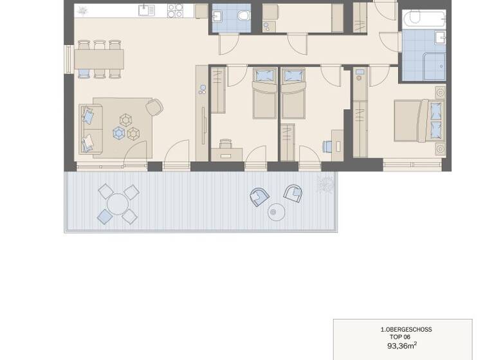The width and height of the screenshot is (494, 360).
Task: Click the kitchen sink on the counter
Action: click(147, 10)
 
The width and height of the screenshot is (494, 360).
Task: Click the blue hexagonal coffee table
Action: click(119, 133)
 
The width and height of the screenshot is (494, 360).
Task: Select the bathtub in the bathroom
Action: click(423, 19)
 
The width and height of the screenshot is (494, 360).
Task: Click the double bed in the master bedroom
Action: click(419, 120)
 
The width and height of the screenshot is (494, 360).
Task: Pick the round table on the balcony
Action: click(118, 204)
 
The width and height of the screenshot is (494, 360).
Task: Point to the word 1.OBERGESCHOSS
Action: click(406, 329)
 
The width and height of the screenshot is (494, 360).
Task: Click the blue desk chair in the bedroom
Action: click(329, 146)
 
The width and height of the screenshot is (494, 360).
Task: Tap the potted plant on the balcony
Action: click(325, 183)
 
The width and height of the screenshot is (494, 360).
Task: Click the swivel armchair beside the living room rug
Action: click(154, 107)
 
